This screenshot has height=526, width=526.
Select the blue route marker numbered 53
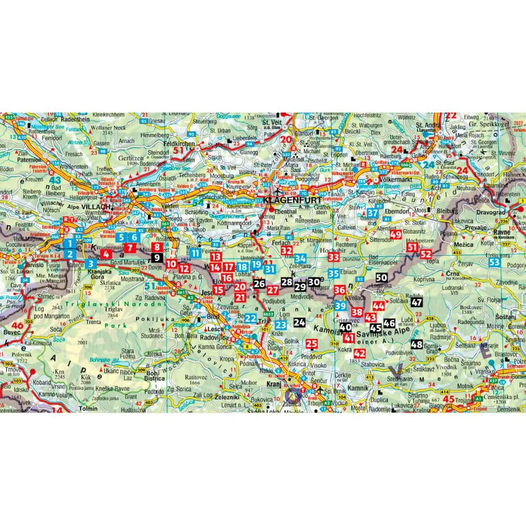click(494, 263)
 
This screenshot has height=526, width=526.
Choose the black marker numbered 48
click(416, 345)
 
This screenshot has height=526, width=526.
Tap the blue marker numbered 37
click(372, 213)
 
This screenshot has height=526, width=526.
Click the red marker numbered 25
click(312, 343)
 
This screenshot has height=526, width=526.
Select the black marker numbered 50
click(381, 278)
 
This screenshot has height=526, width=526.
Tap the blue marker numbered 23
click(280, 325)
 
